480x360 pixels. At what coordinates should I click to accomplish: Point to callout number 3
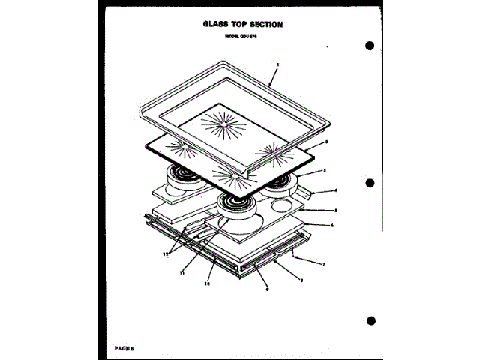point(323,172)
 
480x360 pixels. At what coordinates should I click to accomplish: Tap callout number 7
point(323,264)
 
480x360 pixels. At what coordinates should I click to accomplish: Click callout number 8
point(301,279)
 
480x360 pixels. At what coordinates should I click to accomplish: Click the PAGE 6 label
point(124,346)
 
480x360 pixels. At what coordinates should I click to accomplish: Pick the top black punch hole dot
point(370,46)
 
